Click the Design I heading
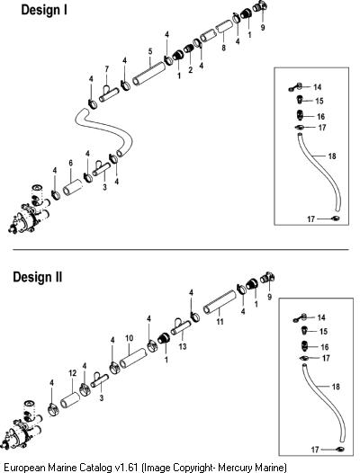tap(44, 10)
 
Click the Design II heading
tap(38, 277)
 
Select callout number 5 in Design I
tap(150, 51)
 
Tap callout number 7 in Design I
tap(106, 69)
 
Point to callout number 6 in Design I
tap(71, 163)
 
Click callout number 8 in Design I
tap(223, 48)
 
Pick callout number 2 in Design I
tap(190, 70)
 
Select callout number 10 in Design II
tap(130, 338)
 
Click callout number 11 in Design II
tap(220, 322)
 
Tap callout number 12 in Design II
tap(73, 373)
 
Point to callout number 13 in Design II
tap(183, 346)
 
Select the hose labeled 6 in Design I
tap(73, 187)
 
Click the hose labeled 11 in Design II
tap(220, 302)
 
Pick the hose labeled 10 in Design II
tap(133, 358)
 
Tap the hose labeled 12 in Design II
tap(70, 399)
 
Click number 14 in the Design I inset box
tap(318, 87)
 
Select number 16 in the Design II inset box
tap(325, 347)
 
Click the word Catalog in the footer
tap(95, 468)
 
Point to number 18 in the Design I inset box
tap(332, 156)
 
